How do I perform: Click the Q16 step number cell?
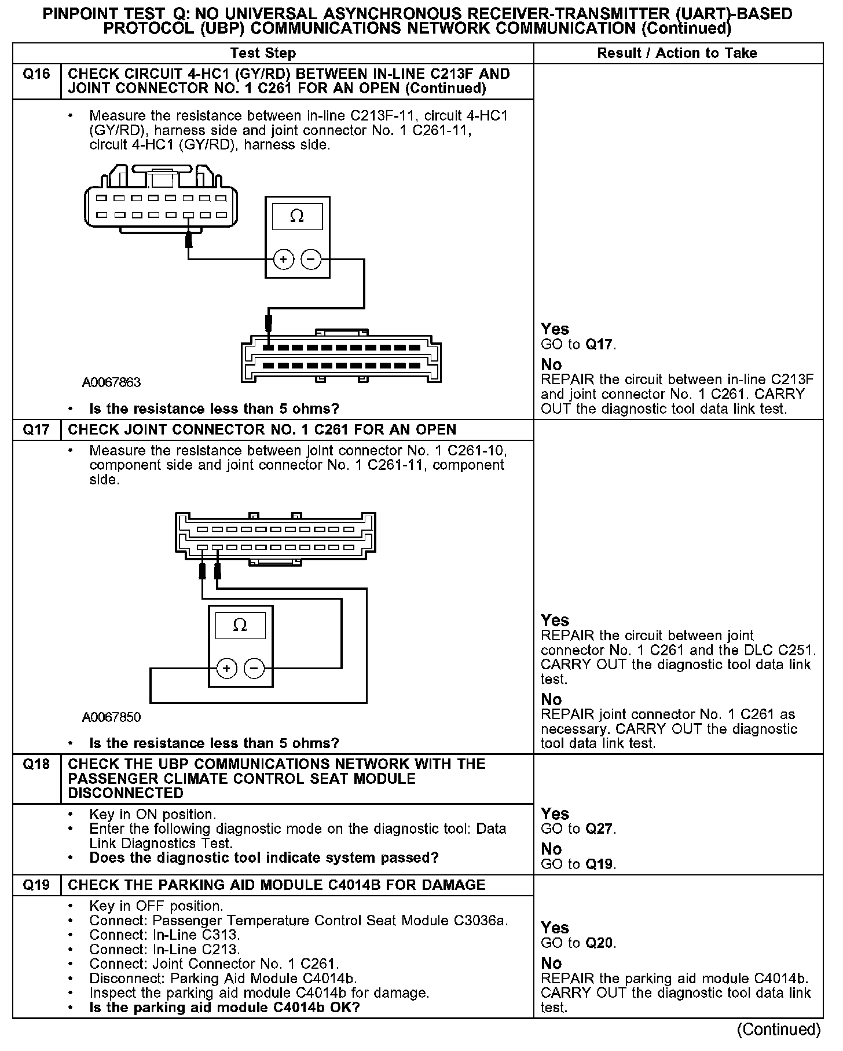(36, 74)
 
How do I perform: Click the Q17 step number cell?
(36, 430)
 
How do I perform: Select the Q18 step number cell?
(36, 764)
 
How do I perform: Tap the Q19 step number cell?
(36, 885)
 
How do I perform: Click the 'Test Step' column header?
(263, 53)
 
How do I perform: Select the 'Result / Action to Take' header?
(677, 53)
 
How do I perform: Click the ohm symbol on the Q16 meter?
(297, 217)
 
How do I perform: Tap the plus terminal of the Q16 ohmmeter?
(284, 260)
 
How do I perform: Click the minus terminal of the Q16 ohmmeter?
(311, 260)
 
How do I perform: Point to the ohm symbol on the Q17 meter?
(240, 626)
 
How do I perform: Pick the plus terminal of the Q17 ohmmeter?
(226, 669)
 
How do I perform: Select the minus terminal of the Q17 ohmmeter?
(254, 669)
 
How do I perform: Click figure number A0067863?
(111, 383)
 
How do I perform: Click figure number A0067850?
(111, 717)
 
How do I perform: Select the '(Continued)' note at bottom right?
(779, 1030)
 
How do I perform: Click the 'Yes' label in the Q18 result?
(555, 813)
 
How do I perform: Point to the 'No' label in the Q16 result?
(551, 364)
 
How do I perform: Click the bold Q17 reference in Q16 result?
(599, 345)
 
